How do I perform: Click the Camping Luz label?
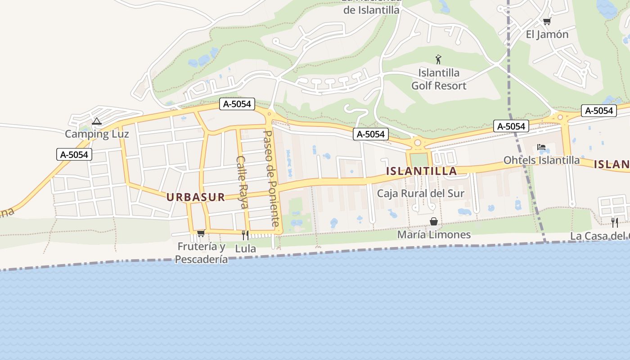click(97, 134)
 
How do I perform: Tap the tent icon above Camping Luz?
click(96, 121)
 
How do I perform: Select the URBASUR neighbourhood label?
click(196, 197)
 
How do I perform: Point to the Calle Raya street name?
click(242, 182)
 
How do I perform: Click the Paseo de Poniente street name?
click(271, 178)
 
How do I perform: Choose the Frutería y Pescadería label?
click(201, 253)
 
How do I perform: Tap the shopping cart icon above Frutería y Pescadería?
click(201, 233)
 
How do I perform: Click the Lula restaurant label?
click(245, 248)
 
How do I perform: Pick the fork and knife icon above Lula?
click(245, 235)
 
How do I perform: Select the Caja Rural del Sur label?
click(420, 193)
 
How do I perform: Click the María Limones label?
click(434, 234)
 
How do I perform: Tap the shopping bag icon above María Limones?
click(434, 221)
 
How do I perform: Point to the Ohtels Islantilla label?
click(541, 160)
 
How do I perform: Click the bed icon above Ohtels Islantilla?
click(541, 147)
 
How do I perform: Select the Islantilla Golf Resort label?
click(439, 79)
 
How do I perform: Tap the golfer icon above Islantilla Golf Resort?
click(438, 59)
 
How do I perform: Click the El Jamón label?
click(547, 34)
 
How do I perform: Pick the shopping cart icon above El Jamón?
click(547, 21)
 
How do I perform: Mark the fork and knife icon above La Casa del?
click(614, 222)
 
